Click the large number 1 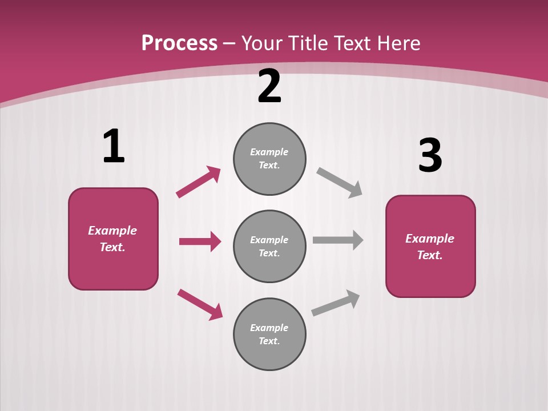(114, 147)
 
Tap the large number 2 (269, 86)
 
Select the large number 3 (430, 156)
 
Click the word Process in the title (179, 43)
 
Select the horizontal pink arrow (200, 241)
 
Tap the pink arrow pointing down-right (200, 304)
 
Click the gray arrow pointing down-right (339, 183)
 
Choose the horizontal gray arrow (338, 240)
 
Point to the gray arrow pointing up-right (336, 303)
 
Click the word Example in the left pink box (112, 231)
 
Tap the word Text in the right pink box (429, 255)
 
